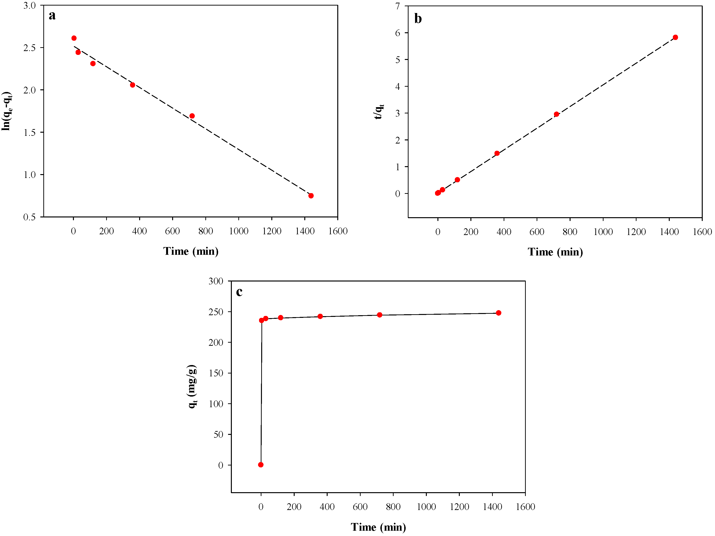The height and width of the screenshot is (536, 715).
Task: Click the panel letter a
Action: (52, 15)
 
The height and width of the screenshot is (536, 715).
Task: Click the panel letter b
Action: (418, 19)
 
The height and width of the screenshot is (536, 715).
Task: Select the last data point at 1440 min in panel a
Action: (311, 196)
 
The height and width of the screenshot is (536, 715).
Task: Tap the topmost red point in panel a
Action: (74, 38)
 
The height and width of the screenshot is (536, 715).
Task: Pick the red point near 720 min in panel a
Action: (192, 116)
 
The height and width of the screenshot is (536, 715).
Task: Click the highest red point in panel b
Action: (675, 38)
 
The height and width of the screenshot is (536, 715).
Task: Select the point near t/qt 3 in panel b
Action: (556, 114)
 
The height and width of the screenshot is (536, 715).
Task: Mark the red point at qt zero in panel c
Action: (261, 464)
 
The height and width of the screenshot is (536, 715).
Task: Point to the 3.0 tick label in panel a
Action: (29, 6)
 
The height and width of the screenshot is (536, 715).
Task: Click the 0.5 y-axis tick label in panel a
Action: (29, 217)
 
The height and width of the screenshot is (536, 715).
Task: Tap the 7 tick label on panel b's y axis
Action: (397, 6)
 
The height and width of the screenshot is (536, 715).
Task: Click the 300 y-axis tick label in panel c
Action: (216, 281)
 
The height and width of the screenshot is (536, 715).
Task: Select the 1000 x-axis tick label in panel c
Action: (426, 507)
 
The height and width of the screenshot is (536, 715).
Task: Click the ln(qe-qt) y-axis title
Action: (6, 111)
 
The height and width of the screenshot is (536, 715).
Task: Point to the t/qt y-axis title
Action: (379, 111)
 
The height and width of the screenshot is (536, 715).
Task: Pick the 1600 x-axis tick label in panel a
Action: (338, 231)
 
